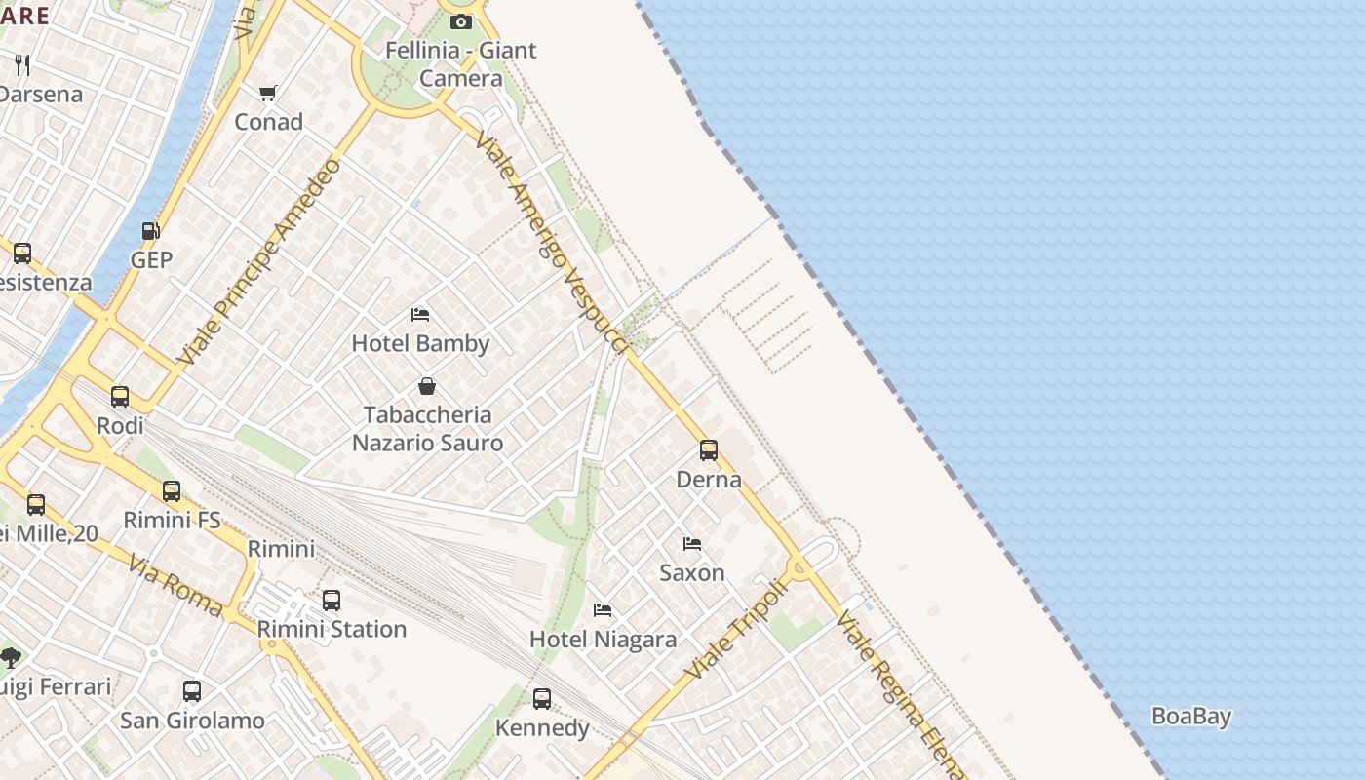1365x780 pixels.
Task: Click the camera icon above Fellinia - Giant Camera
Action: coord(461,21)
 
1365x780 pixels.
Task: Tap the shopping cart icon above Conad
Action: coord(268,94)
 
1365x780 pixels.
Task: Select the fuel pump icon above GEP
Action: coord(151,231)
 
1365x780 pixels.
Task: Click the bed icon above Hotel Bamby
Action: coord(420,315)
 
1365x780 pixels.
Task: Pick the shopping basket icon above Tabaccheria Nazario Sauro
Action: coord(427,386)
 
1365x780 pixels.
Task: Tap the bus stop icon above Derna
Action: coord(709,450)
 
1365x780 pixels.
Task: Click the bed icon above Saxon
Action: coord(692,544)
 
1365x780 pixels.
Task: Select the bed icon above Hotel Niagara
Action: coord(603,610)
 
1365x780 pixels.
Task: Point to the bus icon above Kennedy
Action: coord(542,699)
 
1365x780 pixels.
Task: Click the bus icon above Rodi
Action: coord(120,397)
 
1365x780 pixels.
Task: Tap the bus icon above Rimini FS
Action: coord(172,491)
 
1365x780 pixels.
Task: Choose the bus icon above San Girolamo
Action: coord(192,691)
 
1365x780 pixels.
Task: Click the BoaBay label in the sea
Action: coord(1190,717)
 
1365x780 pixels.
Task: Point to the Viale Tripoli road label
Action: coord(735,630)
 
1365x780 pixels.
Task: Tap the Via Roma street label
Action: coord(175,585)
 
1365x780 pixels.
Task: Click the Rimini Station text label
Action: coord(331,629)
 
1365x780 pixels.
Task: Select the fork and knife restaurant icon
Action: coord(22,65)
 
